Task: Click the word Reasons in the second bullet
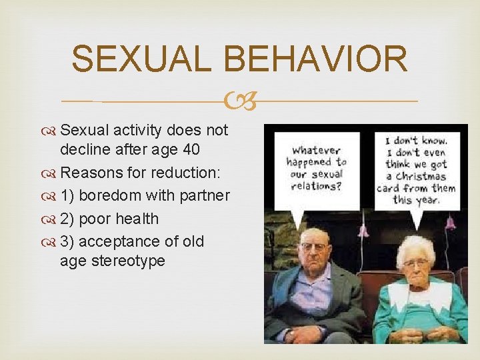(89, 173)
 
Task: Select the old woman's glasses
(415, 263)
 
